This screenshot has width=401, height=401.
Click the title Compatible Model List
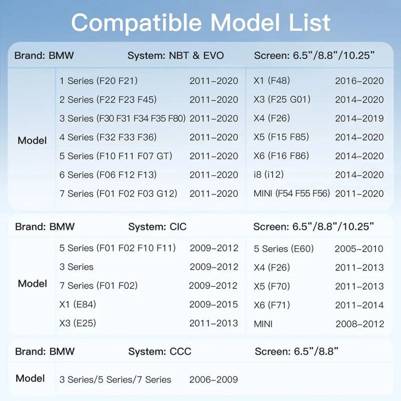[200, 22]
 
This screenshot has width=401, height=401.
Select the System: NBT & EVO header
[175, 55]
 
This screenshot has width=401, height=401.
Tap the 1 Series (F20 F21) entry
[98, 81]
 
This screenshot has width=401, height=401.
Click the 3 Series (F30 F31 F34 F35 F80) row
[122, 118]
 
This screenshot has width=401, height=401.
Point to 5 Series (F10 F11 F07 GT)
[115, 156]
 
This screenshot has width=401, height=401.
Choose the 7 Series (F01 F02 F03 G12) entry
[118, 193]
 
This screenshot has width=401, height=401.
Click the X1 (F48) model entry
[272, 81]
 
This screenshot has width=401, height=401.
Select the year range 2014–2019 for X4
[359, 118]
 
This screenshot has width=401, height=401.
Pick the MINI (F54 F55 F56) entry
[292, 193]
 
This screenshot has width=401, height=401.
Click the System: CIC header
[157, 227]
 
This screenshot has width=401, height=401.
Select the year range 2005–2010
[359, 249]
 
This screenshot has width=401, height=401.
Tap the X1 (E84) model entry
[78, 304]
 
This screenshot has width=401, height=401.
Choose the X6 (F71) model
[272, 305]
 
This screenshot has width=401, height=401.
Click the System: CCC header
[160, 351]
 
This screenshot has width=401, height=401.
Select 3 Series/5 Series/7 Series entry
[115, 379]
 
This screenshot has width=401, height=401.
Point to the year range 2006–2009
[214, 379]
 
